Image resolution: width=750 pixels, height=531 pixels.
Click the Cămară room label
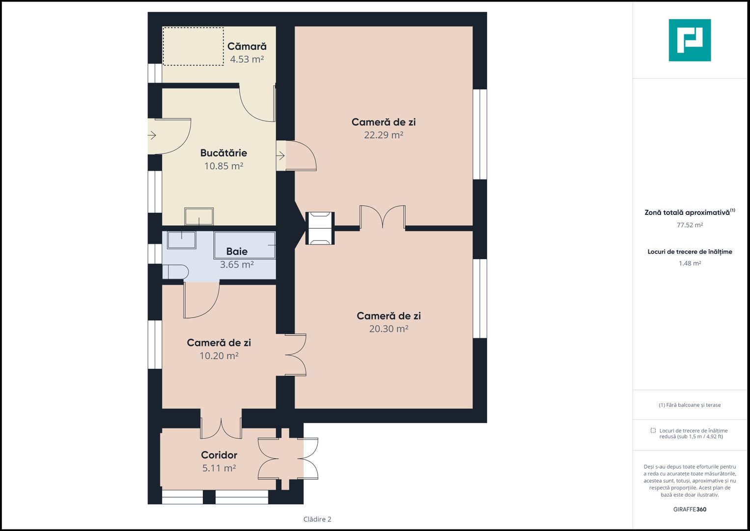pos(247,46)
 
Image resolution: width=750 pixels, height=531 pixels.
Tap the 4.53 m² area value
pos(247,59)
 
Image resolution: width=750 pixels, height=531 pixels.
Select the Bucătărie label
pos(223,153)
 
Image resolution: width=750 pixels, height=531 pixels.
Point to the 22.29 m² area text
pos(384,135)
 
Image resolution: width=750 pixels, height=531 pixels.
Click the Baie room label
pos(237,251)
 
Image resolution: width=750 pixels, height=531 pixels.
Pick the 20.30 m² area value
pos(389,328)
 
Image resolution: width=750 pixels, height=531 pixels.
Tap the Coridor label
pos(219,455)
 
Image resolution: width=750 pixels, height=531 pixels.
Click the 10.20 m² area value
pos(219,355)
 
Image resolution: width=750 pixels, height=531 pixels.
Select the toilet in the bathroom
pos(175,272)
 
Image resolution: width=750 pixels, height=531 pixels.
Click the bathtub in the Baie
pos(245,245)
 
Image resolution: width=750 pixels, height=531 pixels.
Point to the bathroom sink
pos(181,240)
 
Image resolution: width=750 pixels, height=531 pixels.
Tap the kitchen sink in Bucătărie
pos(199,216)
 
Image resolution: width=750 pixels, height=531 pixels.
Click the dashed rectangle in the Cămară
pos(193,46)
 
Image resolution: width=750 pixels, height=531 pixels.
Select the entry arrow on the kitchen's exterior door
pos(152,135)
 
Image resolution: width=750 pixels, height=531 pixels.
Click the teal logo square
pos(690,40)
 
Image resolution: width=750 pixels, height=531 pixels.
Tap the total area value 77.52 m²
pos(690,225)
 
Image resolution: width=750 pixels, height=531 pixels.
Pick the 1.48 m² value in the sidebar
pos(690,264)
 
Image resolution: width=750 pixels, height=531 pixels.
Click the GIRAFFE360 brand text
pos(690,509)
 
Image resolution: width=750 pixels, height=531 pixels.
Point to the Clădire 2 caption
pos(317,519)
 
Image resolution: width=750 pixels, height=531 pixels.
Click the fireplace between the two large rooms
pos(320,228)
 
